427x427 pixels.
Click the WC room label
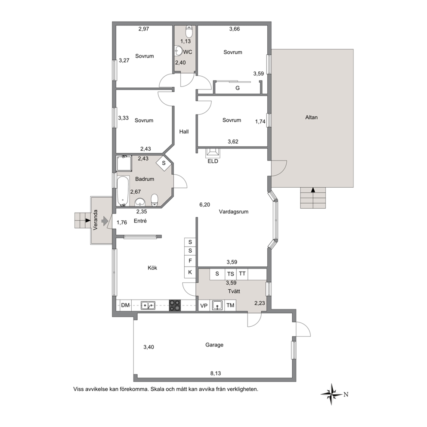click(188, 52)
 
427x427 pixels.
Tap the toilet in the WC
click(189, 31)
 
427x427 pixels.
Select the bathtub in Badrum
click(123, 191)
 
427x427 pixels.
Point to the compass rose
click(331, 394)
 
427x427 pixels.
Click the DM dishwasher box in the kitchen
click(126, 305)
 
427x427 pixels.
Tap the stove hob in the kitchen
click(175, 305)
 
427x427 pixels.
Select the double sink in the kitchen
click(148, 306)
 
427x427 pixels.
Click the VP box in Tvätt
click(204, 306)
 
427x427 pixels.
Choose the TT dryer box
click(242, 274)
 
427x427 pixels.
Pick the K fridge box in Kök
click(190, 272)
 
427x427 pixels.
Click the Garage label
click(214, 345)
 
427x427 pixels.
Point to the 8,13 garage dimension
click(215, 373)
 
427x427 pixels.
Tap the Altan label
click(311, 118)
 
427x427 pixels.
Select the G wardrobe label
click(238, 88)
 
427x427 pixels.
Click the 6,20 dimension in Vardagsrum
click(205, 205)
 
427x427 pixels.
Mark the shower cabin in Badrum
click(124, 164)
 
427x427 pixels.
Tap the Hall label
click(184, 132)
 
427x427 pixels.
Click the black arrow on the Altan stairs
click(313, 190)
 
